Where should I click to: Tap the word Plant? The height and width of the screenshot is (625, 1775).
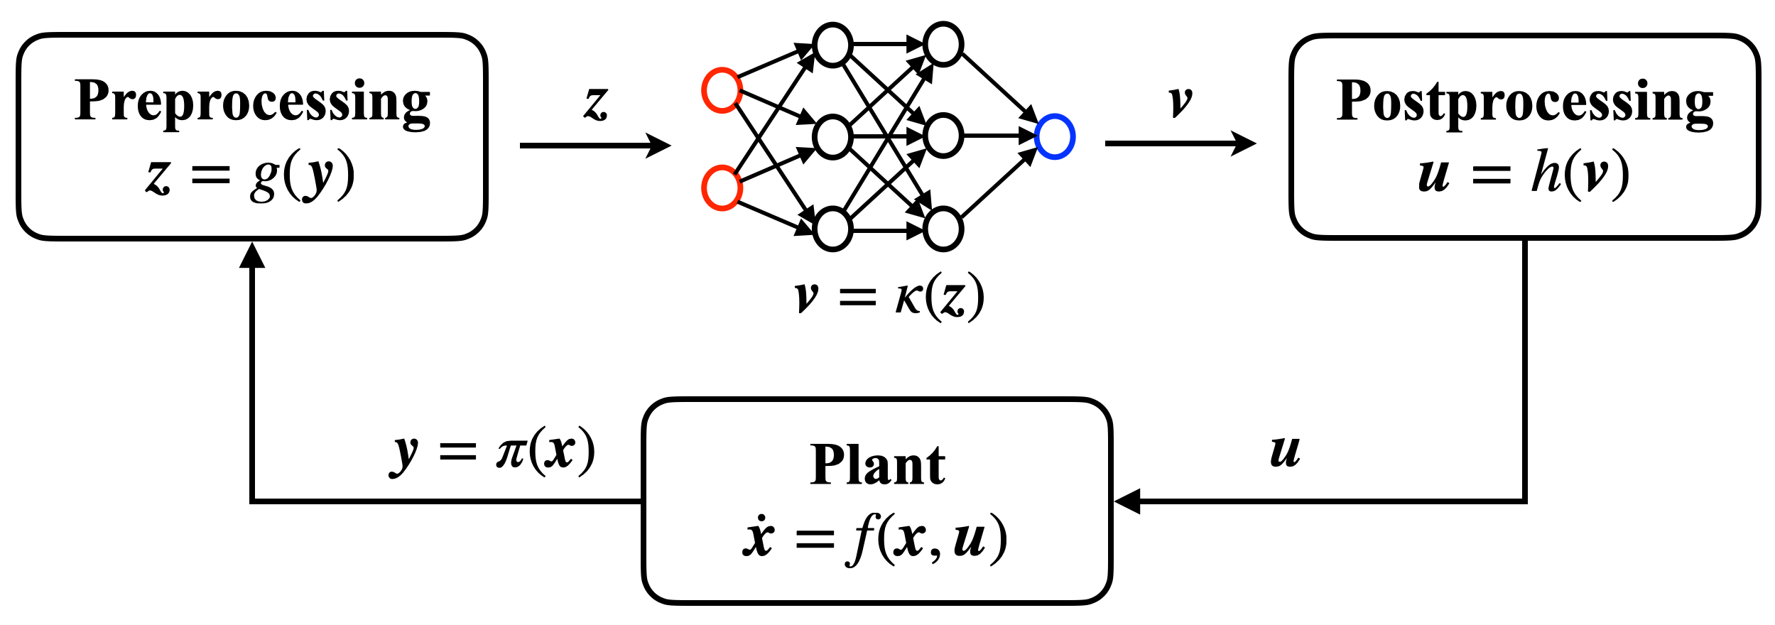point(877,465)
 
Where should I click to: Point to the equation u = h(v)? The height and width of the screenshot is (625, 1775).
point(1524,174)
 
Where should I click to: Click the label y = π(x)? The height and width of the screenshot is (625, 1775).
point(493,452)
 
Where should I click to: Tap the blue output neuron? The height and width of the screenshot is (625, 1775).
point(1055,136)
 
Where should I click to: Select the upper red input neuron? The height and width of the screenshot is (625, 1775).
point(722,90)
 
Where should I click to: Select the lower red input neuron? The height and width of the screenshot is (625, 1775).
point(722,188)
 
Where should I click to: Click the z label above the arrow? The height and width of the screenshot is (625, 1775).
point(596,104)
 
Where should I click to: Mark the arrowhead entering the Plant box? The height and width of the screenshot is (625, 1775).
point(1128,501)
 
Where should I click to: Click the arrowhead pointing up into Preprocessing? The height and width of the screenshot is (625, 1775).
point(252,256)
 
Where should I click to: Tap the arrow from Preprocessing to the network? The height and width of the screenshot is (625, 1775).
point(595,146)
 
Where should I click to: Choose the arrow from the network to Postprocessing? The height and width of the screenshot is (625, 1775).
point(1180,143)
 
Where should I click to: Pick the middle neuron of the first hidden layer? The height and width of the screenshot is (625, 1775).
point(832,136)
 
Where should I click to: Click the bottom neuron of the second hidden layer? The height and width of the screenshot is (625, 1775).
point(943,229)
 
